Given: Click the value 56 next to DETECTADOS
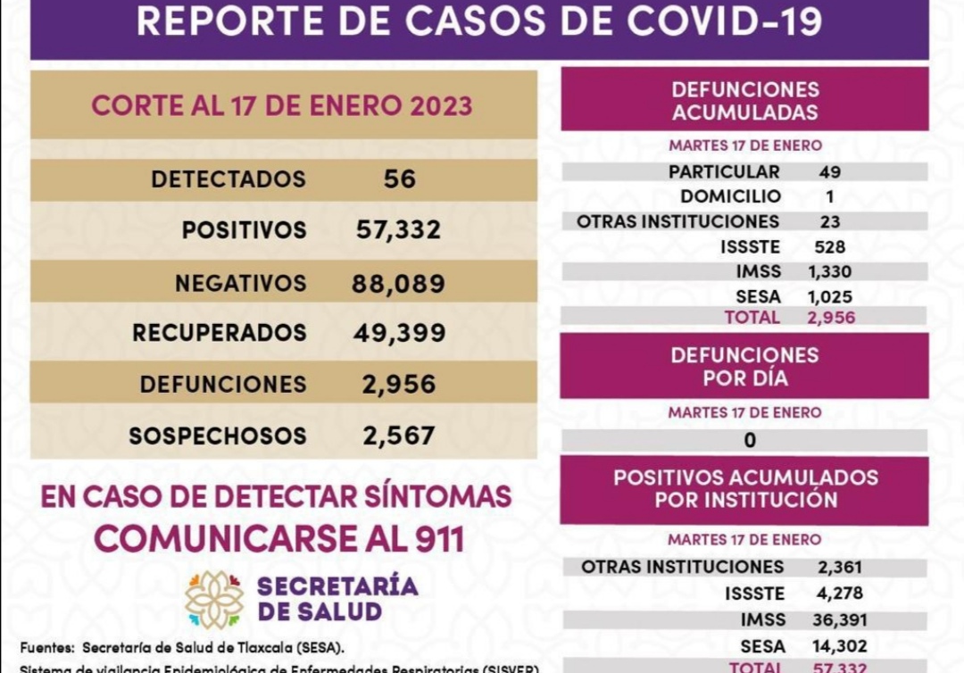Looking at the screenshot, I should (x=399, y=179).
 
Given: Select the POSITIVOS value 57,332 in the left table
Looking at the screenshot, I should (x=398, y=230).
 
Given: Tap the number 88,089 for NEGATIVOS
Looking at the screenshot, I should (x=398, y=284).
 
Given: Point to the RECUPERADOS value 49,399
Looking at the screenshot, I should (x=399, y=333).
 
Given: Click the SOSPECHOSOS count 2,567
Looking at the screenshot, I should (x=398, y=436).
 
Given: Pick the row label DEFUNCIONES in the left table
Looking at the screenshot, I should (x=223, y=385).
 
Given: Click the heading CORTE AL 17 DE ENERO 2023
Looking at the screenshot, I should (x=282, y=106).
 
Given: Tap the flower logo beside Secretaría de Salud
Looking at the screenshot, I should (x=214, y=600).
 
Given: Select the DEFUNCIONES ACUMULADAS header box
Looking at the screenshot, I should (x=744, y=101).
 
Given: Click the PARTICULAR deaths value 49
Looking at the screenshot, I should (x=830, y=172).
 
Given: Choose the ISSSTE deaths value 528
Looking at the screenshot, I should (x=830, y=247).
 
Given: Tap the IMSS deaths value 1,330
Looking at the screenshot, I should (x=830, y=272).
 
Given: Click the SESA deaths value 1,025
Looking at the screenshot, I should (x=830, y=297).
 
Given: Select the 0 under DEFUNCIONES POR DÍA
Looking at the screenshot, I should (x=750, y=440).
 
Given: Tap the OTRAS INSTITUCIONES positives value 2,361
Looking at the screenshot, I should (x=839, y=567).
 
